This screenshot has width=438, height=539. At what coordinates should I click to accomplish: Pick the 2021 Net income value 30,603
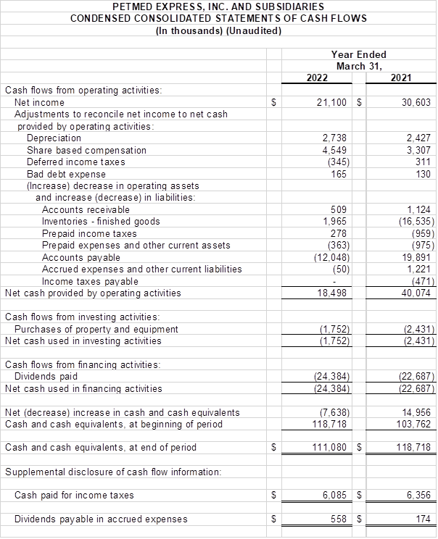pos(416,103)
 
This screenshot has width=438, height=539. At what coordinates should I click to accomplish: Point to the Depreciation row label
pos(54,138)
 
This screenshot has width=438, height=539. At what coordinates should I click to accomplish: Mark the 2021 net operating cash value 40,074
pos(417,293)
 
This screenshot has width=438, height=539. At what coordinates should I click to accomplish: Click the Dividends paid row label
pos(46,376)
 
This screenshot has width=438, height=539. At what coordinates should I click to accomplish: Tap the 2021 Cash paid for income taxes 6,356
pos(418,495)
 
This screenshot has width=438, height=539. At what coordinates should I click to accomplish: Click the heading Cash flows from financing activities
pos(83,364)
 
